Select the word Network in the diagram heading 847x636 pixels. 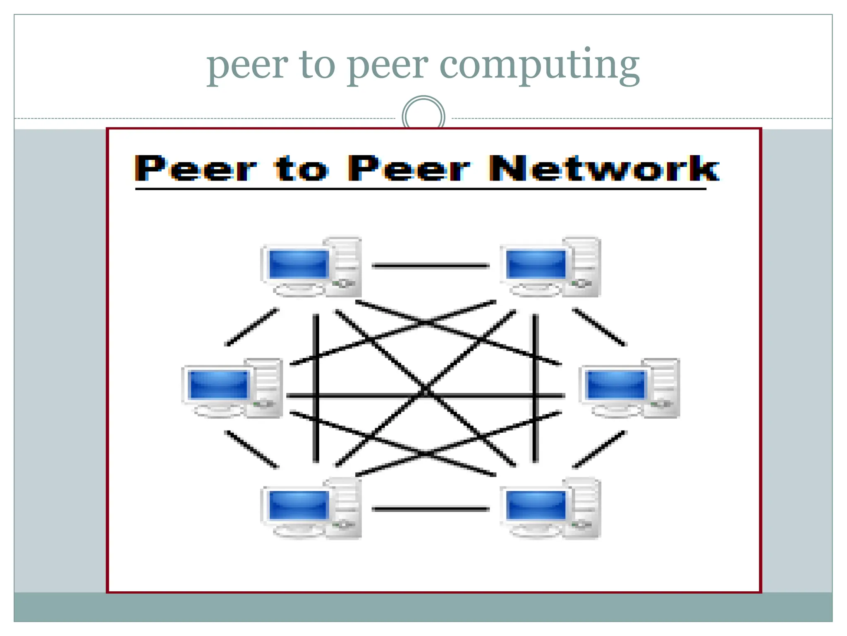[x=604, y=169]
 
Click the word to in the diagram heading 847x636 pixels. [x=301, y=169]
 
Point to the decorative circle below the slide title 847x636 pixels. [x=423, y=116]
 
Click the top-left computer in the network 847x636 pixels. [x=311, y=267]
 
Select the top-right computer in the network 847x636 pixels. [x=550, y=267]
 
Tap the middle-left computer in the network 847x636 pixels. [x=232, y=388]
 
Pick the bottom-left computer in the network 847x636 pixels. [x=311, y=508]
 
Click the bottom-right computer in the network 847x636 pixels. [x=550, y=508]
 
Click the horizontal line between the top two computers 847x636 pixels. [x=431, y=266]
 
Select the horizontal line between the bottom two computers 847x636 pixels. [x=431, y=509]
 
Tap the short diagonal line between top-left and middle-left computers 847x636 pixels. [x=251, y=327]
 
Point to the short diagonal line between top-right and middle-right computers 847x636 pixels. [x=599, y=327]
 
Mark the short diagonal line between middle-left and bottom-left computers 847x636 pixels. [x=251, y=450]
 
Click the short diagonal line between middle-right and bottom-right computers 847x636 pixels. [x=599, y=450]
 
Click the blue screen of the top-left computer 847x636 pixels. [x=298, y=264]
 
